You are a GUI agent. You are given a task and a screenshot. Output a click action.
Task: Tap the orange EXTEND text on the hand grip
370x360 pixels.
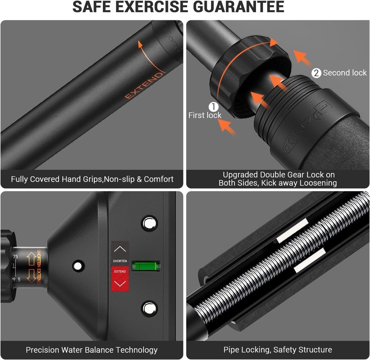(x=144, y=86)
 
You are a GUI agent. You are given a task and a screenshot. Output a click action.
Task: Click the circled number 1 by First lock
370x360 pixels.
(x=213, y=107)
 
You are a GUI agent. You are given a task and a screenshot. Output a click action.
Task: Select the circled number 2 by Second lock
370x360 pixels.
(x=316, y=73)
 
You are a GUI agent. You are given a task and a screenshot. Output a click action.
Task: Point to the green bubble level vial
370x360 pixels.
(x=146, y=266)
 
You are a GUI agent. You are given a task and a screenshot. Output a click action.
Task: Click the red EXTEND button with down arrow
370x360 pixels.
(x=120, y=279)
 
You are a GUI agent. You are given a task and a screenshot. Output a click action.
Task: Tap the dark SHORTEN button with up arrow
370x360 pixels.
(x=120, y=253)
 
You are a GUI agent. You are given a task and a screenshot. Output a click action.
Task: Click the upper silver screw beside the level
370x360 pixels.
(x=149, y=223)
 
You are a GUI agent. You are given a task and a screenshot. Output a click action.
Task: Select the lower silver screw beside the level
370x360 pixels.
(x=149, y=309)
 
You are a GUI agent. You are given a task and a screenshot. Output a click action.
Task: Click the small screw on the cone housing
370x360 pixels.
(x=78, y=266)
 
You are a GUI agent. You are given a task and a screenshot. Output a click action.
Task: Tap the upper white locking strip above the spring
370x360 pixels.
(x=292, y=230)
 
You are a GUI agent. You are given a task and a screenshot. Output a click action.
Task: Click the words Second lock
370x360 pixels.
(x=344, y=73)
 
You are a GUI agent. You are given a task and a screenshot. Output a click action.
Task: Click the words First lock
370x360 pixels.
(x=205, y=115)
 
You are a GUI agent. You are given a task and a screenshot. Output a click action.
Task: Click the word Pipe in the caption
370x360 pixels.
(x=232, y=350)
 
